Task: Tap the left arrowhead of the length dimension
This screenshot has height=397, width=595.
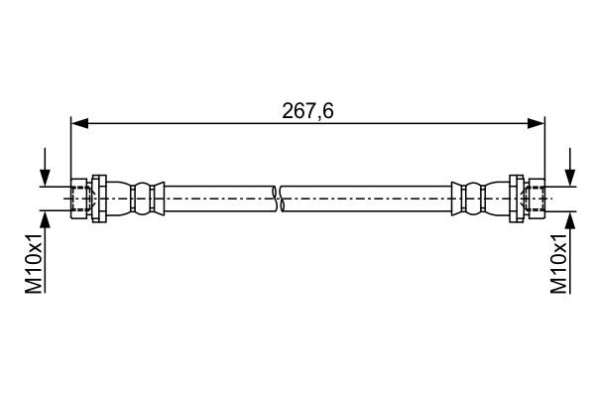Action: tap(79, 124)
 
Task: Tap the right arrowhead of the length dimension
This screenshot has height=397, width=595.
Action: tap(536, 124)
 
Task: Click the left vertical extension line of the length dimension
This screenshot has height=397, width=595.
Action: tap(71, 149)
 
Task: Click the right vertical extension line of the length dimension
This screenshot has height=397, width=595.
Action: tap(544, 149)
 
